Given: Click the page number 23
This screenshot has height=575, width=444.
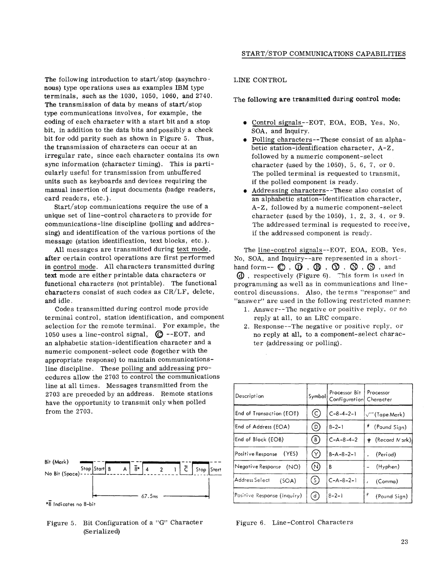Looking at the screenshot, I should click(404, 542).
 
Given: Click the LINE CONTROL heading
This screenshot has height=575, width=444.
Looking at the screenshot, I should click(260, 80).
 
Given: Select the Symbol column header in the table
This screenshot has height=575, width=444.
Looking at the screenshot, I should click(317, 396).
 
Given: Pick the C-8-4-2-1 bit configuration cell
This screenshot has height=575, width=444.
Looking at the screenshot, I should click(342, 413).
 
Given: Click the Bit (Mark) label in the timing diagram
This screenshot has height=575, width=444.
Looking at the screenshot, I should click(56, 462).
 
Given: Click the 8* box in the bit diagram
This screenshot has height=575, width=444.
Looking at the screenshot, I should click(136, 469).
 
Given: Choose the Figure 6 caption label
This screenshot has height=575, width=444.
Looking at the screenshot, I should click(294, 522).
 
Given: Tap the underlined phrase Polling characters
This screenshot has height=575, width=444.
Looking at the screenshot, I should click(282, 139).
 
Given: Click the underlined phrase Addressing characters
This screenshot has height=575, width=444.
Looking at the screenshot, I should click(289, 190).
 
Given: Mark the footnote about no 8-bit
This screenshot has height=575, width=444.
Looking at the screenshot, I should click(70, 504).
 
